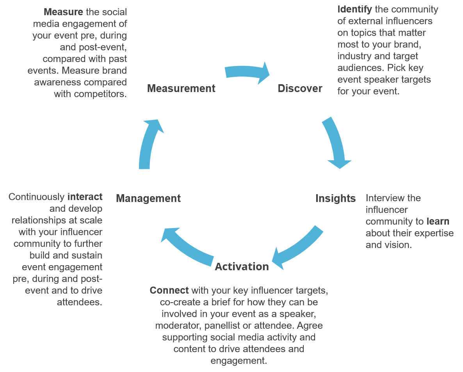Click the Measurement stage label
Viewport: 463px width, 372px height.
181,89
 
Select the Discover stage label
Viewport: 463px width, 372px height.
300,89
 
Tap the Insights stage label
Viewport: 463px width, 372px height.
335,198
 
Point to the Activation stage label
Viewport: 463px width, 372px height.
242,267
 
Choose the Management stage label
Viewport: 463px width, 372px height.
148,198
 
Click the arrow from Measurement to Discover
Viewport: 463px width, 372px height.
247,72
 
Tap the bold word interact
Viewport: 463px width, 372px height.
85,197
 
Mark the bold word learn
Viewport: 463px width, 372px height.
438,221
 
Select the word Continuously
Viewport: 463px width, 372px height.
36,197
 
